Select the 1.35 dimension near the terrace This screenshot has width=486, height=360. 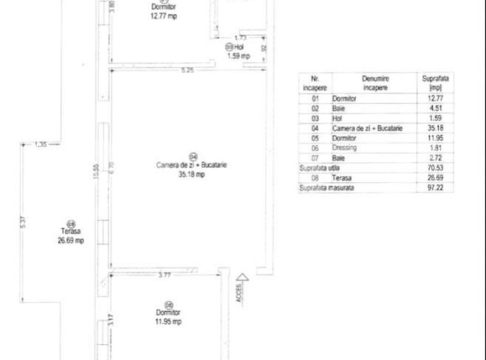click(x=40, y=145)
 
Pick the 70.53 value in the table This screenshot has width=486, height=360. click(x=435, y=168)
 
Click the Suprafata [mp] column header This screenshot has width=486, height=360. click(x=435, y=82)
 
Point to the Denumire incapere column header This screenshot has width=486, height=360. click(x=376, y=82)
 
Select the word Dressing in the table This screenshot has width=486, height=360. click(x=348, y=147)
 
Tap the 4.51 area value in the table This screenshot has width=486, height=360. click(x=435, y=107)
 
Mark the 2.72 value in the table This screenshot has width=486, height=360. click(x=435, y=158)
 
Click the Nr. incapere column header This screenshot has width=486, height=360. click(x=315, y=82)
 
